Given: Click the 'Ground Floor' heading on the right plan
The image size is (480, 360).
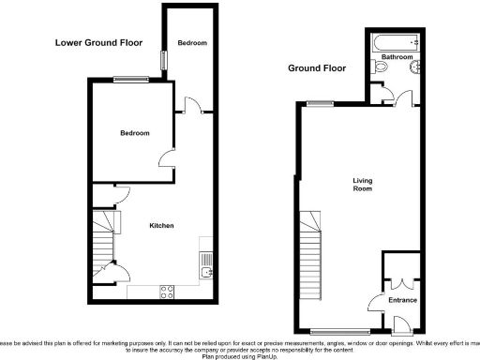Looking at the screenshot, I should (317, 68).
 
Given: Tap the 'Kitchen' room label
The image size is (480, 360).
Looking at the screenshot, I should (161, 226).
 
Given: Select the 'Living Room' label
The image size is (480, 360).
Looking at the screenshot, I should (362, 185).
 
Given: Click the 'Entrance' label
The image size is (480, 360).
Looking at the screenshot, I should (402, 301).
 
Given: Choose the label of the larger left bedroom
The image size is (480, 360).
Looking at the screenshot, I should (134, 133).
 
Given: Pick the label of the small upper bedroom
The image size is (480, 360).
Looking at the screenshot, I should (192, 44).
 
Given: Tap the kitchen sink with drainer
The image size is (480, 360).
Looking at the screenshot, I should (206, 268).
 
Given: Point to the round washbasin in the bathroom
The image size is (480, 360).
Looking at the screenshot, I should (413, 68).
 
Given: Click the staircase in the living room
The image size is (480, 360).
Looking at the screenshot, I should (310, 248).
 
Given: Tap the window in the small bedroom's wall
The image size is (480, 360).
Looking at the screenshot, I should (164, 58).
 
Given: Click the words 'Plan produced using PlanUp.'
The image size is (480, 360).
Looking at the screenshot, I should (240, 356).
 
